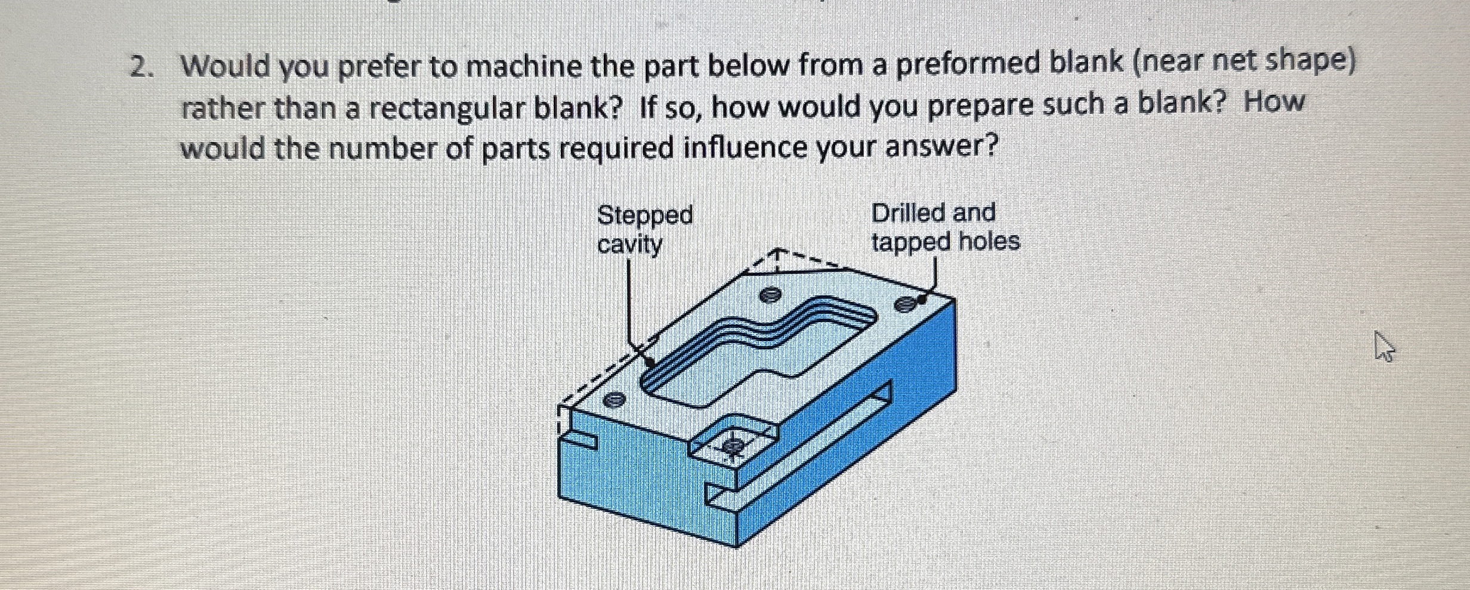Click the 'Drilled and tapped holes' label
pos(945,227)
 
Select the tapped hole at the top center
pos(770,295)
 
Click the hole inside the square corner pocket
pos(733,445)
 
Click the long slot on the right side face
pos(799,450)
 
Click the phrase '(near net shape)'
pos(1244,62)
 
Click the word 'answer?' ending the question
pos(941,146)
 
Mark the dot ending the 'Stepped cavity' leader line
pos(650,362)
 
